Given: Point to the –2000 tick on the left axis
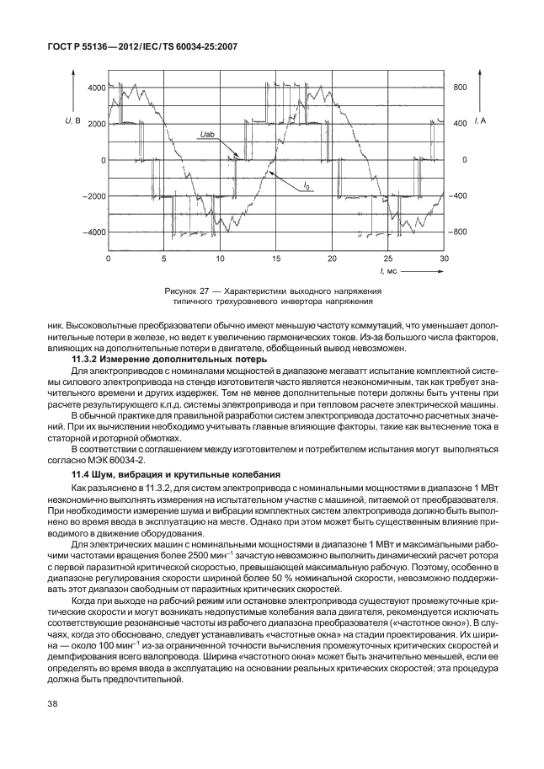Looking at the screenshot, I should tap(94, 195).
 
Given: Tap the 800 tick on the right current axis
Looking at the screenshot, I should tap(460, 88).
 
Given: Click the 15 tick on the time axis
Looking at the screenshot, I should tap(276, 258).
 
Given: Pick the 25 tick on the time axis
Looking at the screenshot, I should tap(388, 258).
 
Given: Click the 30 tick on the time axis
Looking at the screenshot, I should tap(444, 258).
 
